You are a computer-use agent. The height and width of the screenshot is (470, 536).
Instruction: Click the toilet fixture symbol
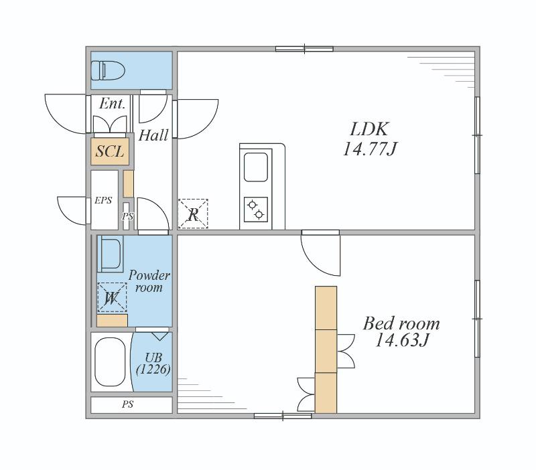pos(108,70)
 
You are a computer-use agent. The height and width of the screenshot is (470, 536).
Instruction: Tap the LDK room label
pos(369,129)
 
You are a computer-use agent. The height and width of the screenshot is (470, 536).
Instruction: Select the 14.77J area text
pos(370,149)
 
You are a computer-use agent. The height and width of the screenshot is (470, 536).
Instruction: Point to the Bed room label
pos(401,323)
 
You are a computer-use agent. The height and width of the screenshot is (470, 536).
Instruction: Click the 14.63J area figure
pos(401,340)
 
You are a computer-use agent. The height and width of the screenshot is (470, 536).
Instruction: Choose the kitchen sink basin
pos(256,167)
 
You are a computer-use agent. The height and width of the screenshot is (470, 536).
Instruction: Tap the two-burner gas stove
pos(256,210)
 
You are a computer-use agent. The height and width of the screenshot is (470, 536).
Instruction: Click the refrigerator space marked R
pos(193,214)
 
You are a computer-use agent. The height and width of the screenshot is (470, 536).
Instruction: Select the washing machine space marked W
pos(112,297)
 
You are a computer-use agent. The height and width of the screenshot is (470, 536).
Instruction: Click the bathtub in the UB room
pos(110,362)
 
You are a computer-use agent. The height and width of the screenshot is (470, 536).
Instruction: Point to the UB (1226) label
pos(153,363)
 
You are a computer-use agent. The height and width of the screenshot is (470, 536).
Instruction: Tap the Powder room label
pos(149,281)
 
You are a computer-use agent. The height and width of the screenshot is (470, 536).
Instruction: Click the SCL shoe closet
pos(110,151)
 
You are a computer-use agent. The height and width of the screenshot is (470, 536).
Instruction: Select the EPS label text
pos(103,200)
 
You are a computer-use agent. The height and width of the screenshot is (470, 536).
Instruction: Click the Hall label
pos(153,135)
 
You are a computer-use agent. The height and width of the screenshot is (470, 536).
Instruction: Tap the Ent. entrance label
pos(112,104)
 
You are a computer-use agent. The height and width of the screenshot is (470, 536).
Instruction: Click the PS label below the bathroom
pos(127,404)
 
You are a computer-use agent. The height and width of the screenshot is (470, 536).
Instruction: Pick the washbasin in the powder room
pos(110,254)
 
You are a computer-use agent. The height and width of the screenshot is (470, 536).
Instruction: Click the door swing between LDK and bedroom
pos(321,253)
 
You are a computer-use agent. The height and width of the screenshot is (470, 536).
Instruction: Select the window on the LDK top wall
pos(304,49)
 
